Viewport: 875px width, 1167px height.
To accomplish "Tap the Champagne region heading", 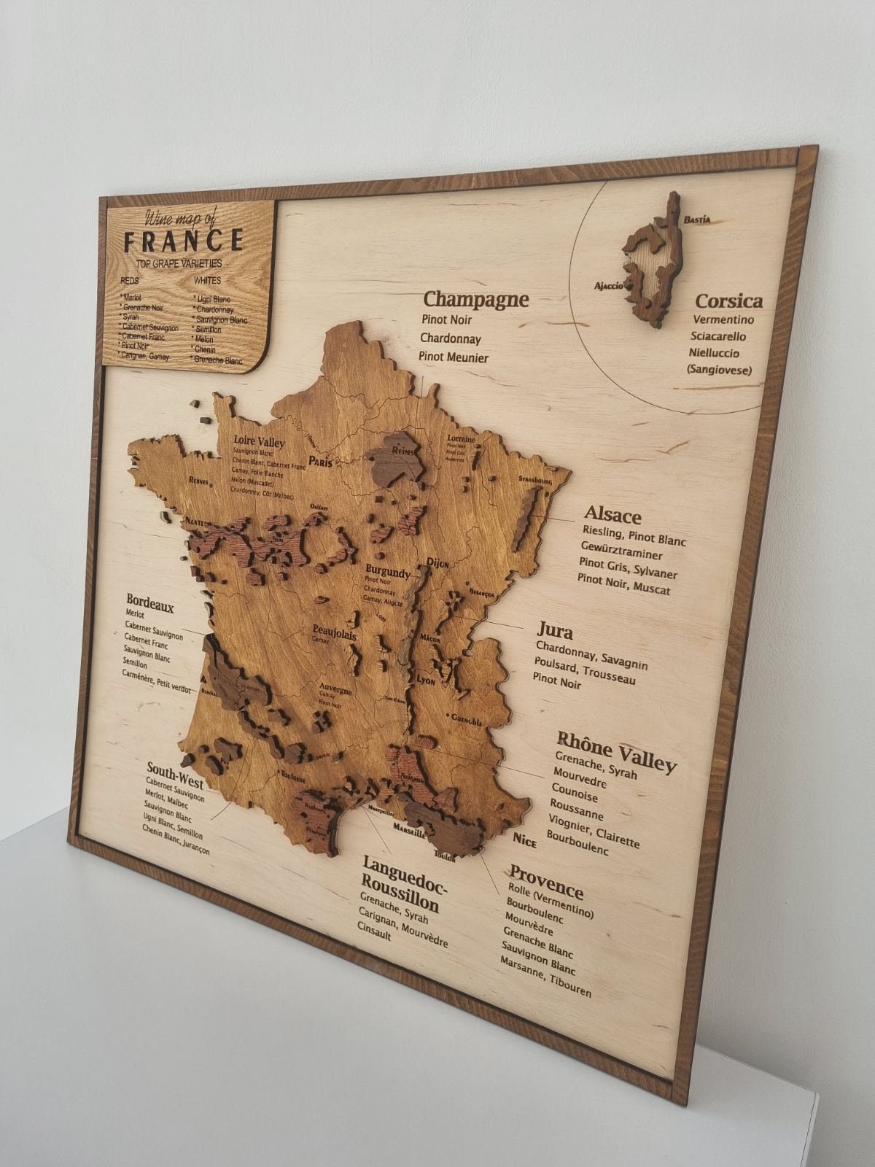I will (x=475, y=300).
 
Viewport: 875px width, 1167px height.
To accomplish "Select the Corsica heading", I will (x=728, y=301).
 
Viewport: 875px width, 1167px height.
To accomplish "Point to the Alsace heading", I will (x=612, y=516).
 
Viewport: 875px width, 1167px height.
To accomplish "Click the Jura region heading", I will (x=555, y=631).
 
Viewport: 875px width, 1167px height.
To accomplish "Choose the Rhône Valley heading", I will (x=617, y=751).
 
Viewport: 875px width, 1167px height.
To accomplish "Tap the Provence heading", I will (x=546, y=881).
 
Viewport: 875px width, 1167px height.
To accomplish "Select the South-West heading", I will (x=175, y=775).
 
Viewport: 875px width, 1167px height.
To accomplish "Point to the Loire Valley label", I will (x=259, y=442).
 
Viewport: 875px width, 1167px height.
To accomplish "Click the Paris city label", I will (x=321, y=462).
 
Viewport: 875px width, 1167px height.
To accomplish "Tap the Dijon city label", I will (x=437, y=562).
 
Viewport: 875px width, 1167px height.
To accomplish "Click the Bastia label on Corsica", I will (x=697, y=219).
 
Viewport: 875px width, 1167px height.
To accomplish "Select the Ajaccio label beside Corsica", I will (x=609, y=286).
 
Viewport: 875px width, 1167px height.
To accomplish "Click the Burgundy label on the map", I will (x=388, y=571).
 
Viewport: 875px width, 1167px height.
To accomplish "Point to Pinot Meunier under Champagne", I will (x=454, y=357).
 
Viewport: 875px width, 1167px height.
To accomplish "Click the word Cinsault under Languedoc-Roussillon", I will (x=374, y=931).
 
